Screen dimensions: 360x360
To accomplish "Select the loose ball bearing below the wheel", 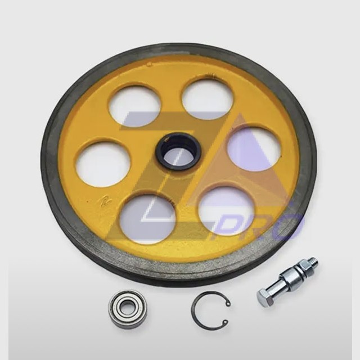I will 127,309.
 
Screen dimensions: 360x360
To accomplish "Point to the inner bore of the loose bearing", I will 127,309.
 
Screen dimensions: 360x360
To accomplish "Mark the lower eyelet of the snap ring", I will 224,322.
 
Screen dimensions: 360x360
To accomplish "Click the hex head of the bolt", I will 266,296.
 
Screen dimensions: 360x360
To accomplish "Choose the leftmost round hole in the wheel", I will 103,164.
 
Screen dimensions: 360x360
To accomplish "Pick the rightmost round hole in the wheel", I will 254,150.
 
